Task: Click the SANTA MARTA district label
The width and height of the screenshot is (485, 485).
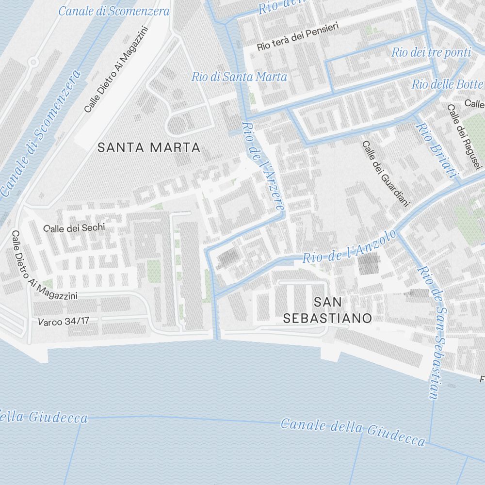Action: tap(149, 147)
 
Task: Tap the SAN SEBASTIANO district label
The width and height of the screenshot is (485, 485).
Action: tap(327, 310)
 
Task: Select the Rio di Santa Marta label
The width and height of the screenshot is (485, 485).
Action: tap(239, 77)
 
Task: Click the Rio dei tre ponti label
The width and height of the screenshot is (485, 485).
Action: tap(431, 52)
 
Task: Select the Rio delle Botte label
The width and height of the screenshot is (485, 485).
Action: tap(447, 84)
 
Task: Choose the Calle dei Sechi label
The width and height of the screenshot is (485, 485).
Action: tap(74, 228)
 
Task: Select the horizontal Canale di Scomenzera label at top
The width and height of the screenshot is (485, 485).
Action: tap(114, 11)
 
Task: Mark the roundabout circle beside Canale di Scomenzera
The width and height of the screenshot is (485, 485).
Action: tap(33, 62)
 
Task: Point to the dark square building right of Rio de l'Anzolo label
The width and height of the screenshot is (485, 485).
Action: tap(369, 265)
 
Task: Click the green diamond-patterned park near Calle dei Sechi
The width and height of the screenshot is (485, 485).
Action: tap(154, 270)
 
